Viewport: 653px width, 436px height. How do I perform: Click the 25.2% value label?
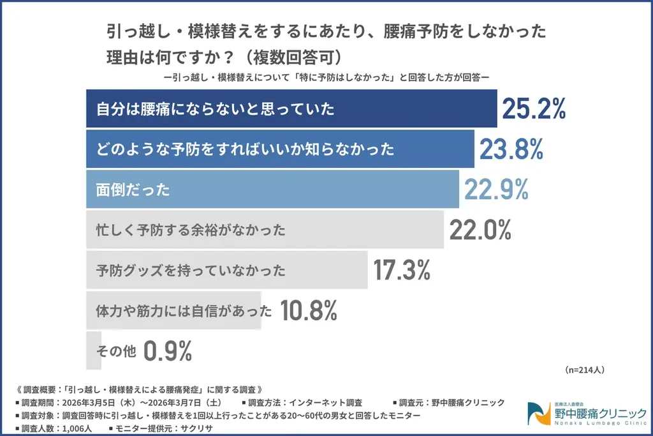534,109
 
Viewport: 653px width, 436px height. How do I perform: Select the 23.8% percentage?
511,149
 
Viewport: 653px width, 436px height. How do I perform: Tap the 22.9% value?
495,189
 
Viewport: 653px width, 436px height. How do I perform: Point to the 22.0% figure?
480,229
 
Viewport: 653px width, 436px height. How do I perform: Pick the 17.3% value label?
402,270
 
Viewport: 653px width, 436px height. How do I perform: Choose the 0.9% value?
168,350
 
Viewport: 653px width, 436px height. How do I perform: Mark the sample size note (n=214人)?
584,370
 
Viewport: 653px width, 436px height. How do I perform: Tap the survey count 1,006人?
76,428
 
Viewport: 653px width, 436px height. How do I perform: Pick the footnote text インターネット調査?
325,403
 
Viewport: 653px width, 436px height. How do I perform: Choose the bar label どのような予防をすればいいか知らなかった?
245,149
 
